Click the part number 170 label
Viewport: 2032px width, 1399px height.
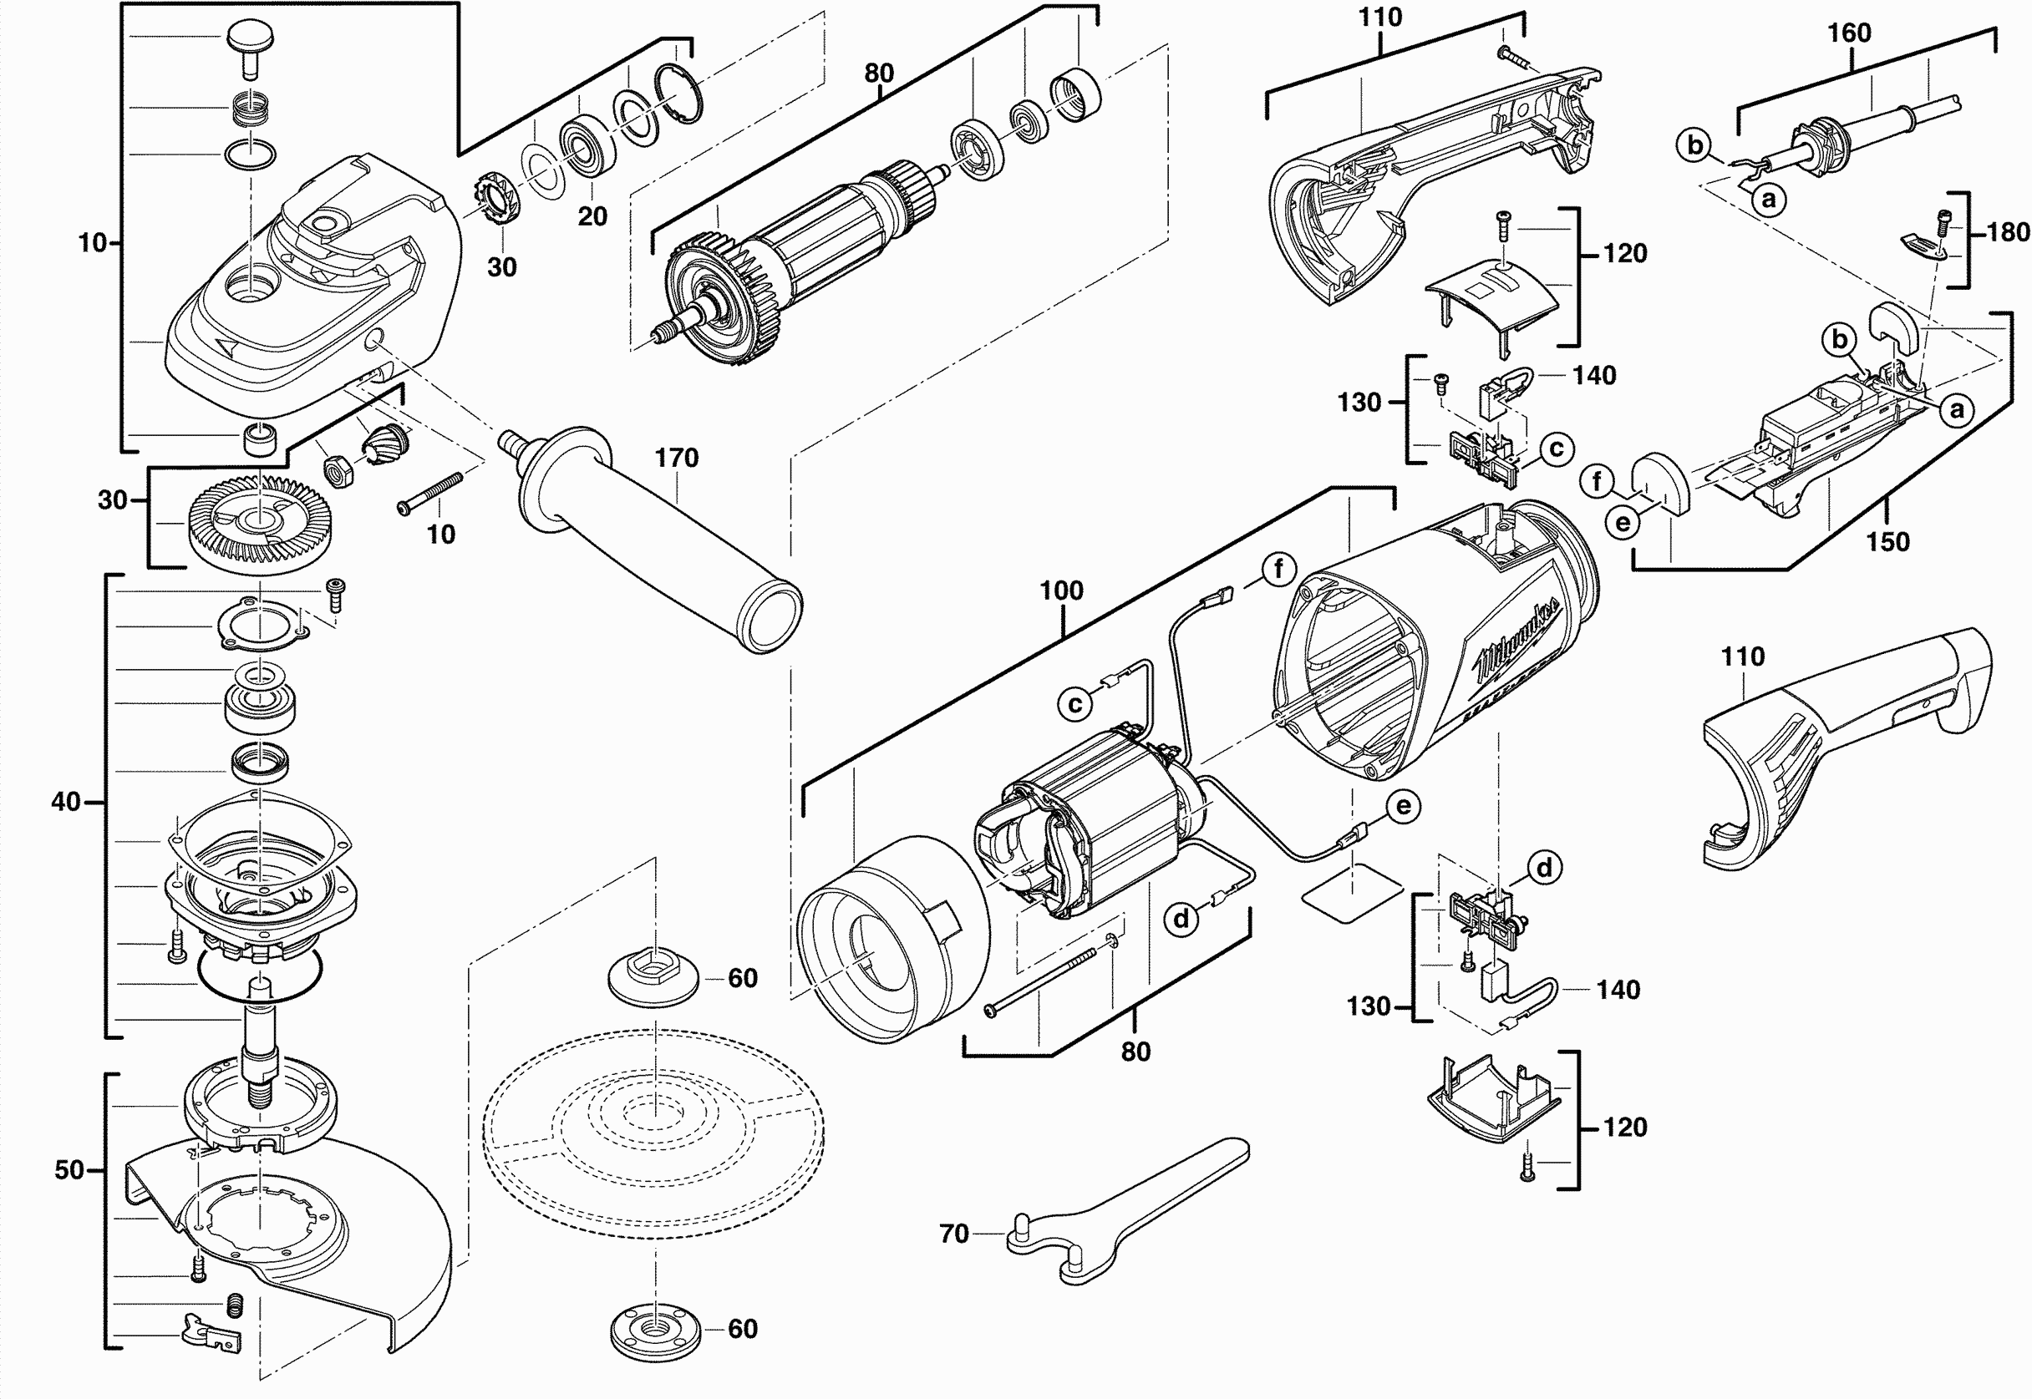[x=677, y=458]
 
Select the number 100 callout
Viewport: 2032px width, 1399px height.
[x=1062, y=591]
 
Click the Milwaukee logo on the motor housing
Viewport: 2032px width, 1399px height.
[x=1518, y=641]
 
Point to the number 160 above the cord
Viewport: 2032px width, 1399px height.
[x=1849, y=33]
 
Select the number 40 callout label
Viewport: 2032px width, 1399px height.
[x=66, y=801]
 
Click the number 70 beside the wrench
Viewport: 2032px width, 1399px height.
[x=954, y=1234]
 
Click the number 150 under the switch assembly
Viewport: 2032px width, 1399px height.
[x=1887, y=542]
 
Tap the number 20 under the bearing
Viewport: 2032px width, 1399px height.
[x=592, y=216]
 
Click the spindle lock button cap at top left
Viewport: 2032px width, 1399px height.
[x=250, y=38]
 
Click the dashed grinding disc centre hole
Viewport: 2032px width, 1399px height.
[x=654, y=1113]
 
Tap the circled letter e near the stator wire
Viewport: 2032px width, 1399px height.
[x=1404, y=807]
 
